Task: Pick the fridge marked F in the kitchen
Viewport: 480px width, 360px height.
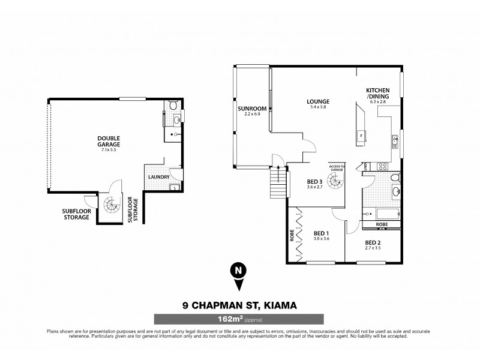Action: tap(361, 136)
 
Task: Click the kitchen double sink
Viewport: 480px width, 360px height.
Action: tap(394, 142)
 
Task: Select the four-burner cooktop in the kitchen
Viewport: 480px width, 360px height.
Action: tap(380, 165)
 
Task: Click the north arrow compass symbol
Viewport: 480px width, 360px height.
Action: tap(238, 272)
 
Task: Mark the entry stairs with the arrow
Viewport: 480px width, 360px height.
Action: tap(277, 179)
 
